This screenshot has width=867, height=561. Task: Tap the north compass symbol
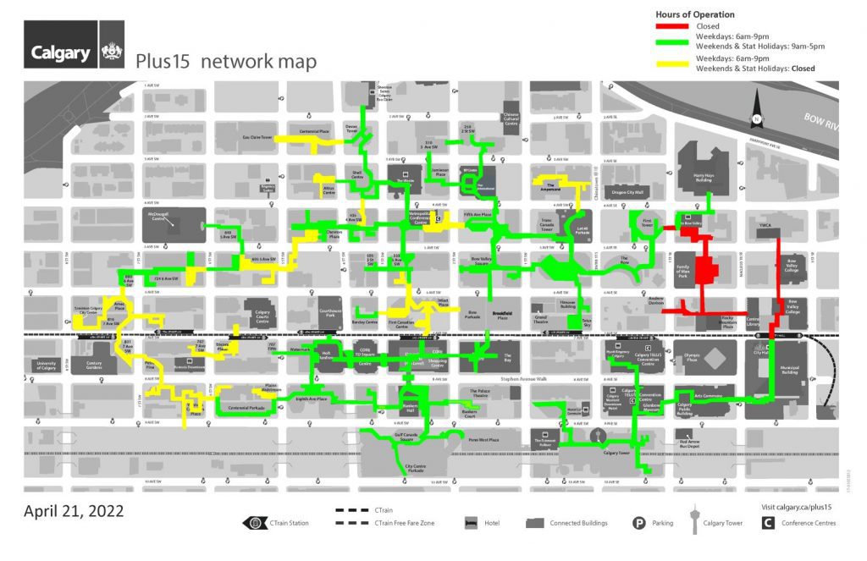(757, 119)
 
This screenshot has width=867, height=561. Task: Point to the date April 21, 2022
(74, 511)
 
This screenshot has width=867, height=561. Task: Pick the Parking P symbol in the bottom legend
(639, 523)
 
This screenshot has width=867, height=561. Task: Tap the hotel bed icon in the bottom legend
(470, 523)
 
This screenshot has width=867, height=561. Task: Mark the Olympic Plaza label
(690, 360)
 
